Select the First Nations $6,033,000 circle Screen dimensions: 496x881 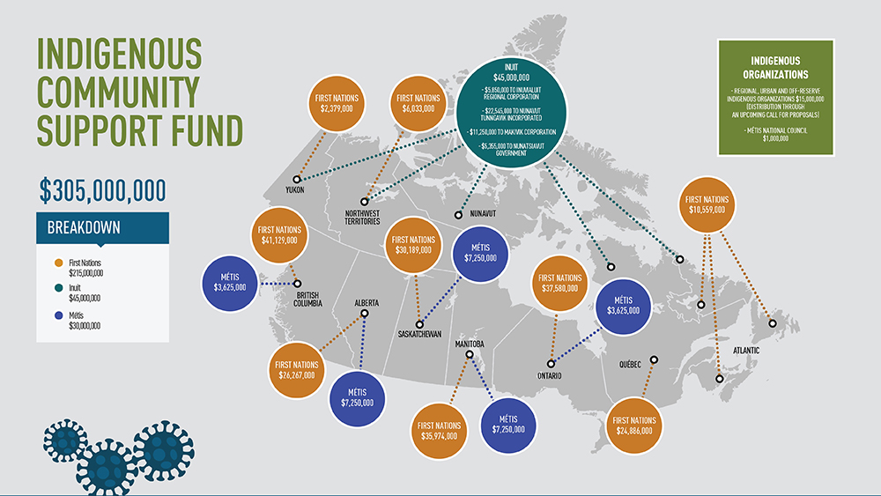coord(418,103)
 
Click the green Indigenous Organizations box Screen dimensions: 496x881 coord(775,97)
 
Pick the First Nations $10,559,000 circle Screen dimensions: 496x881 coord(707,204)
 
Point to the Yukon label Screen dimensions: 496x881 coord(295,189)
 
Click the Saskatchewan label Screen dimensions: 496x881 coord(419,334)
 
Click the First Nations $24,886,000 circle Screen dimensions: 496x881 coord(635,425)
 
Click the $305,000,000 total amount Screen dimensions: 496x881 coord(102,191)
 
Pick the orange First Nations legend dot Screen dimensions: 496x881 coord(58,263)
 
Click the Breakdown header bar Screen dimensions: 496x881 coord(101,227)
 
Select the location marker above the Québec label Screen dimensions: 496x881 coord(653,359)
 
